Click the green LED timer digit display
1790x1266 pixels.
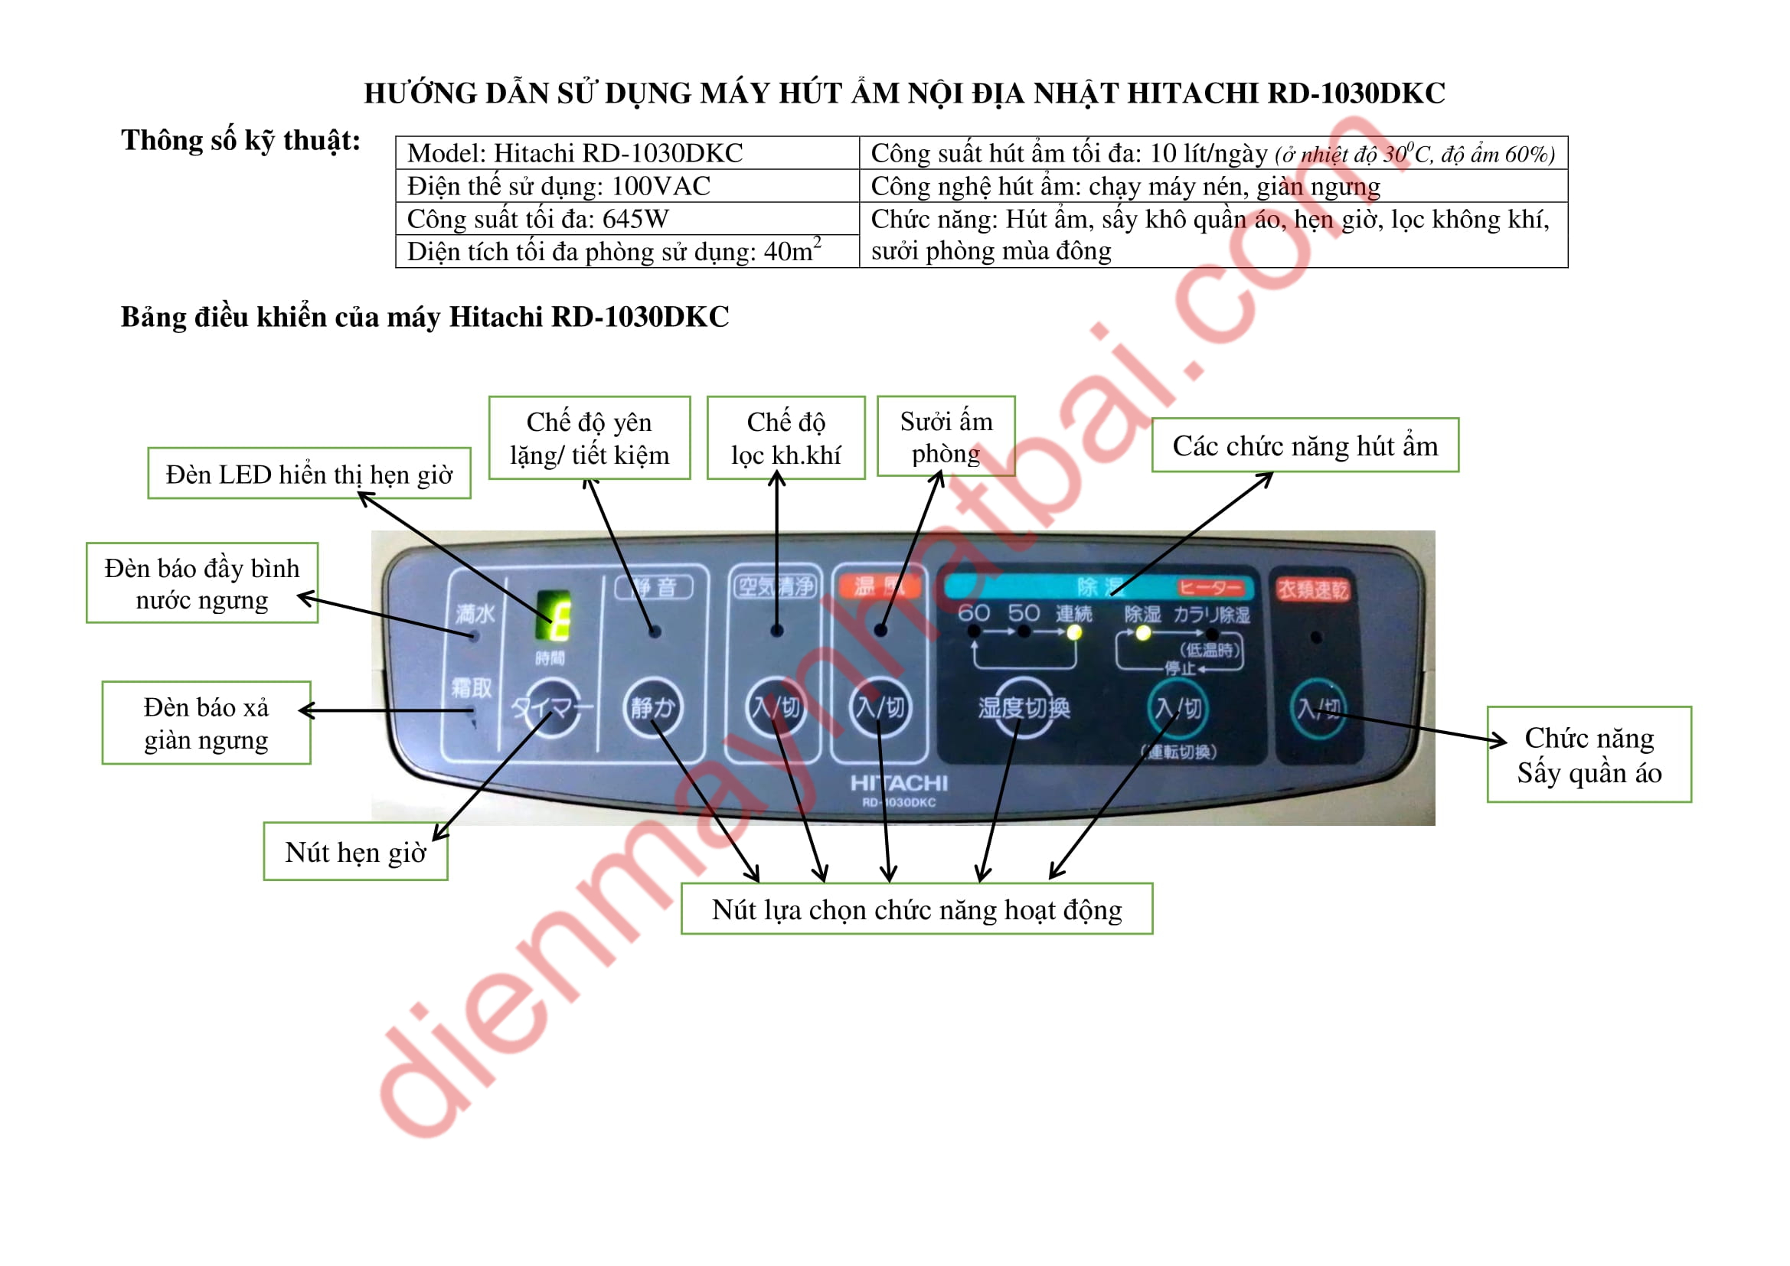pyautogui.click(x=554, y=615)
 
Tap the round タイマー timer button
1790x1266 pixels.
pyautogui.click(x=551, y=709)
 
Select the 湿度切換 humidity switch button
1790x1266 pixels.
pyautogui.click(x=1024, y=708)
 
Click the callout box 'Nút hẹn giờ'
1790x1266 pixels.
pyautogui.click(x=355, y=852)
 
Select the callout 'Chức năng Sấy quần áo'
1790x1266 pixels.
pyautogui.click(x=1589, y=755)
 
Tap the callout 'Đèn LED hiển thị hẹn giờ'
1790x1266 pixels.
pyautogui.click(x=309, y=474)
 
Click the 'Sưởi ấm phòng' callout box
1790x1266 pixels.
pyautogui.click(x=946, y=436)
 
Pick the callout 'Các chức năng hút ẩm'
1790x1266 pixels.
pyautogui.click(x=1305, y=446)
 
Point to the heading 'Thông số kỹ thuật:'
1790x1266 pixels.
pyautogui.click(x=241, y=140)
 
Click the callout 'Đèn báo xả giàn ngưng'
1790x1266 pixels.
pyautogui.click(x=206, y=723)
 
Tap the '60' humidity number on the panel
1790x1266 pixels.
pyautogui.click(x=974, y=613)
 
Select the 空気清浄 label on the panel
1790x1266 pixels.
pyautogui.click(x=776, y=586)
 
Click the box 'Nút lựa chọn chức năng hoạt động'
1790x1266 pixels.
pyautogui.click(x=917, y=909)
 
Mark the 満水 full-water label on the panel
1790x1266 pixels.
pyautogui.click(x=475, y=614)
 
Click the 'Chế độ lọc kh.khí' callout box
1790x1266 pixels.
pyautogui.click(x=786, y=438)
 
